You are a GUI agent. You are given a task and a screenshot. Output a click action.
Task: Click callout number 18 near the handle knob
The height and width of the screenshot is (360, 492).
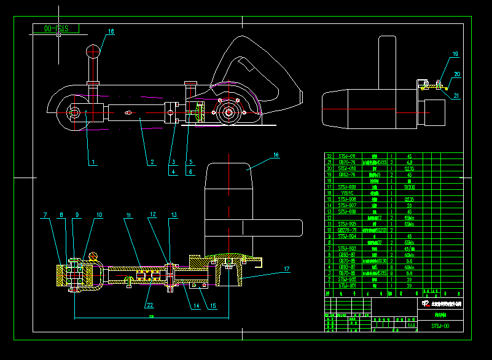click(x=111, y=31)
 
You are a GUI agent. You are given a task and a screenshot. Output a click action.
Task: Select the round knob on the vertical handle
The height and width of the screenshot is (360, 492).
click(x=93, y=50)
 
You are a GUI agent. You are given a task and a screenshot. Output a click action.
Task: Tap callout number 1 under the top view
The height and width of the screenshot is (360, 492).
click(x=93, y=163)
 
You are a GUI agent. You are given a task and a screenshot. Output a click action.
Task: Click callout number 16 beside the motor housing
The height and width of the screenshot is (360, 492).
click(x=276, y=155)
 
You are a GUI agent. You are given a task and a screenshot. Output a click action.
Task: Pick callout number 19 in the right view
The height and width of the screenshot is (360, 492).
click(x=455, y=55)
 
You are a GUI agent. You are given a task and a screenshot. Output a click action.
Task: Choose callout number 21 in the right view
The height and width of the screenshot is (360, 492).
click(x=456, y=95)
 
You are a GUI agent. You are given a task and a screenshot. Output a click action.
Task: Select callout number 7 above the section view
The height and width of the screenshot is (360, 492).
click(x=45, y=215)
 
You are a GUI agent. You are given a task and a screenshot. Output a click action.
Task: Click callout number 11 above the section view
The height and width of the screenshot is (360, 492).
click(x=130, y=215)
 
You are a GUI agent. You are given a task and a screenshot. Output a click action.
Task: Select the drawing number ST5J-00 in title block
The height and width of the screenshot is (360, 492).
click(x=440, y=326)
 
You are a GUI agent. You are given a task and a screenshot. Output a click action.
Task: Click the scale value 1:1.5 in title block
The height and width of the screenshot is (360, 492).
click(x=411, y=326)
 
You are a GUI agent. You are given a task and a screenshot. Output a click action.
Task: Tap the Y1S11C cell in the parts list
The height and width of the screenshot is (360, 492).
click(x=346, y=192)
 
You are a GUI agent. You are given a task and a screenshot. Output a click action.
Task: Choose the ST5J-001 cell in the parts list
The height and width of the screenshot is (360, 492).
click(x=346, y=286)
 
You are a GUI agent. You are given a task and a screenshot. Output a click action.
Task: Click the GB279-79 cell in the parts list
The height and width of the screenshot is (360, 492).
click(x=346, y=230)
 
